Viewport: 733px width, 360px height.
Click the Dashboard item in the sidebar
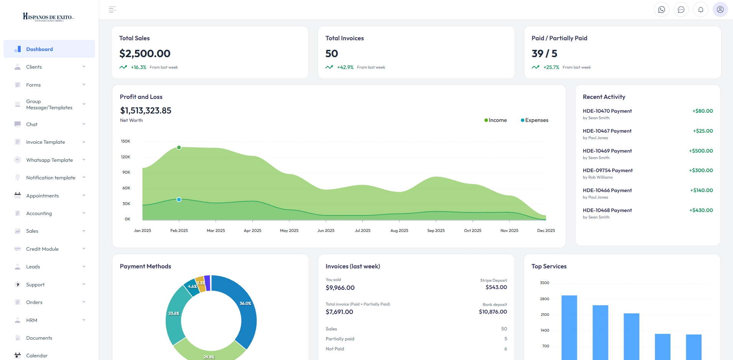click(x=40, y=49)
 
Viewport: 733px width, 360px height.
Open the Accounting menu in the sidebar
click(x=39, y=214)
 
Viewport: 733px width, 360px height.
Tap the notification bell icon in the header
click(x=700, y=10)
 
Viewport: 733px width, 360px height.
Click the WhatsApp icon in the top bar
click(x=661, y=10)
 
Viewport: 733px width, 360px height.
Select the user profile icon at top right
click(x=720, y=10)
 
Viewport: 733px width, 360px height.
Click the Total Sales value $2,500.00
click(x=145, y=54)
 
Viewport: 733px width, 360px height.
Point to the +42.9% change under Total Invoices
click(x=345, y=67)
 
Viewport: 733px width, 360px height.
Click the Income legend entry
click(x=496, y=120)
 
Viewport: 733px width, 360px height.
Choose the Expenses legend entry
click(x=535, y=120)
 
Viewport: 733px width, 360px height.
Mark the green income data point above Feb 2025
click(x=179, y=148)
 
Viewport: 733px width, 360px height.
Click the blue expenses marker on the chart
click(x=179, y=200)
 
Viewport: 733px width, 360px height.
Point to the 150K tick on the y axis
click(x=125, y=141)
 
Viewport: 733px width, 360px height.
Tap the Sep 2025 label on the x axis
click(x=436, y=231)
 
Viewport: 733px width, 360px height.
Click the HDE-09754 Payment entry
click(x=608, y=171)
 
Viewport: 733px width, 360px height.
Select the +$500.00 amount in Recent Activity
click(x=701, y=151)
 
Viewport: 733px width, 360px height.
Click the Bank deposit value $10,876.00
click(x=493, y=312)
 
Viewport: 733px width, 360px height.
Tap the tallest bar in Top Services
click(x=569, y=326)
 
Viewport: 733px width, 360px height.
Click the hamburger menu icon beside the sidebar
click(x=112, y=10)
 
